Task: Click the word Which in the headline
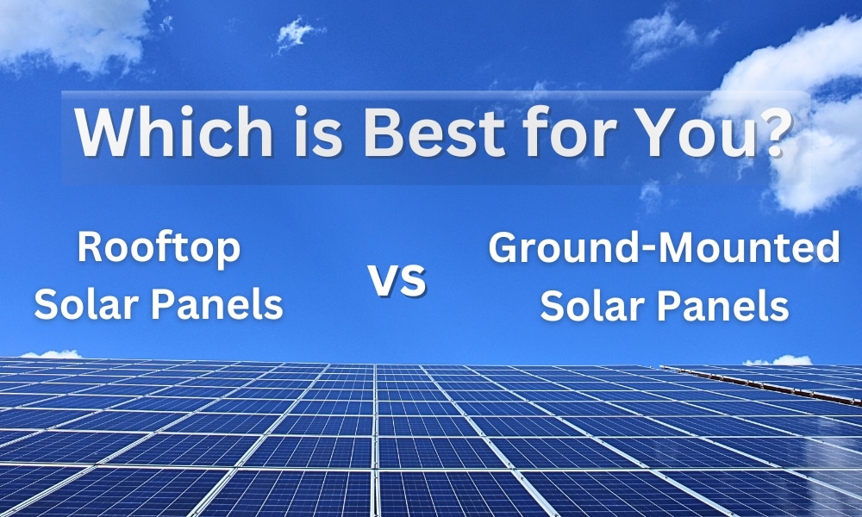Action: [174, 132]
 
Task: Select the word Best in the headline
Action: [434, 132]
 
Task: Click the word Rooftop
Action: [159, 248]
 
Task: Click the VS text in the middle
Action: [397, 280]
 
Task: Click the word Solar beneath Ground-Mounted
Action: [592, 306]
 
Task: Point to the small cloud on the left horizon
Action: [53, 354]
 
